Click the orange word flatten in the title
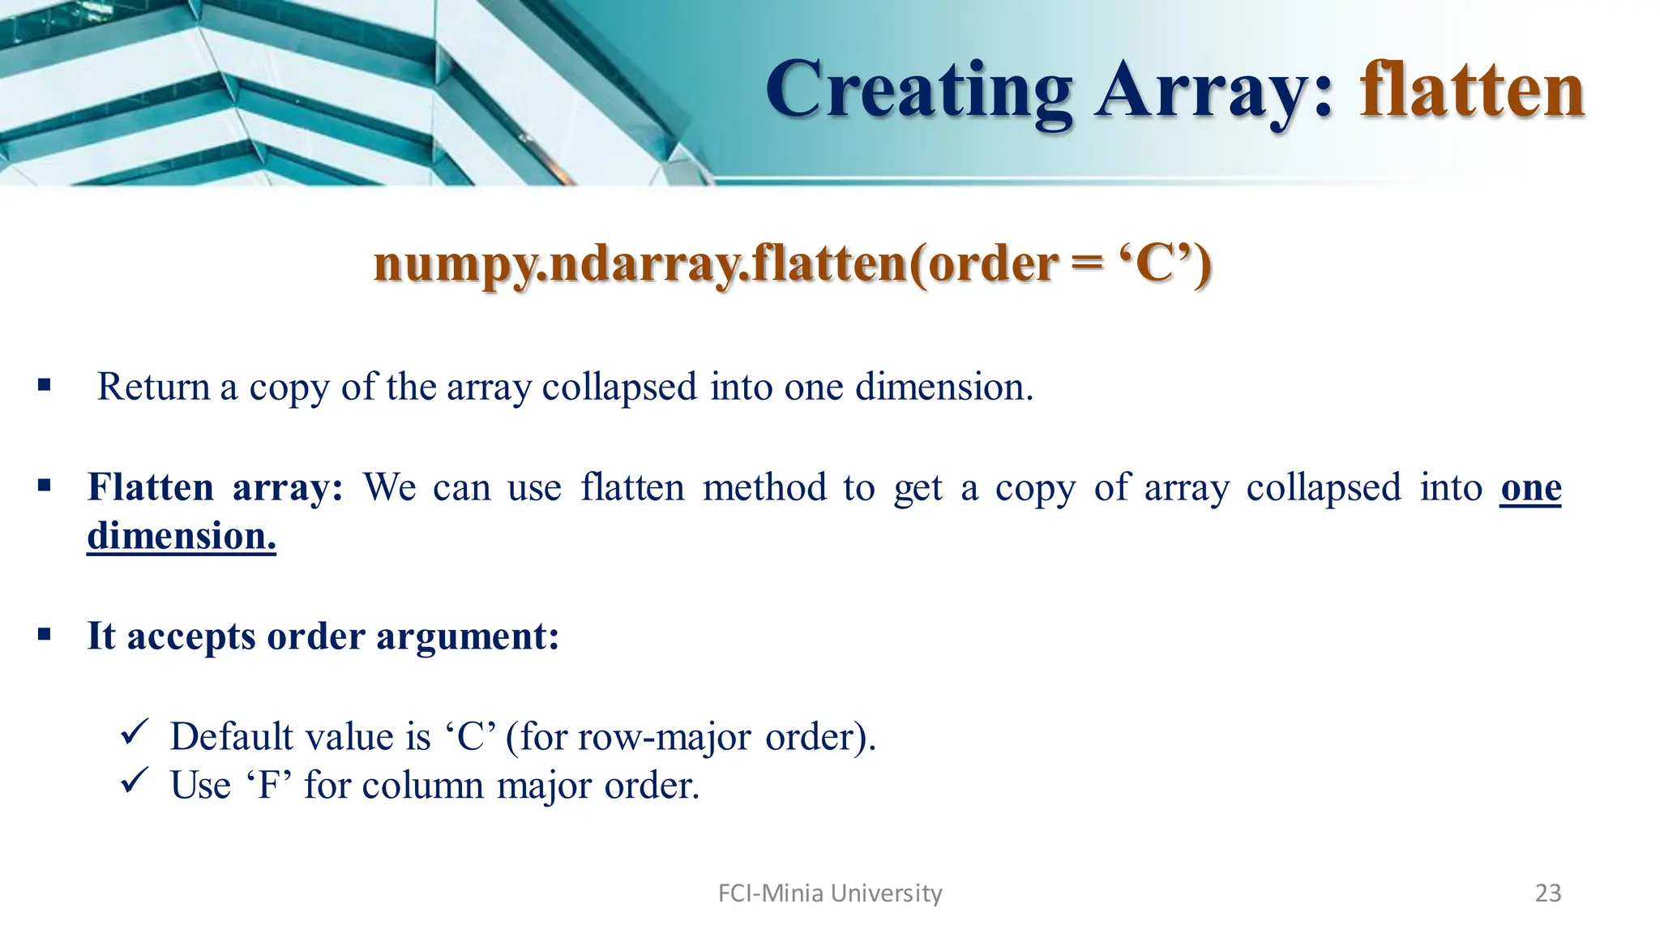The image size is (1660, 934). coord(1472,90)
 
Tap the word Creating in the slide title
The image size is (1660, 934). coord(919,92)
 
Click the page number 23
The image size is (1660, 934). coord(1548,893)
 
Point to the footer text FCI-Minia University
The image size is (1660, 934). coord(830,893)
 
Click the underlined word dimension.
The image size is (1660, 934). coord(182,536)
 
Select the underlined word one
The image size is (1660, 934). coord(1530,487)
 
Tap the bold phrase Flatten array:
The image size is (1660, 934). coord(216,487)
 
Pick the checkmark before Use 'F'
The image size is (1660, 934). coord(132,782)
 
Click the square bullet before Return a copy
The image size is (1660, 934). coord(44,385)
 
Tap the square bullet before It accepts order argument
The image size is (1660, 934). coord(44,634)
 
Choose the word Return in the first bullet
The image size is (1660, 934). coord(153,387)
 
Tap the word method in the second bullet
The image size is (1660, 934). coord(765,487)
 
